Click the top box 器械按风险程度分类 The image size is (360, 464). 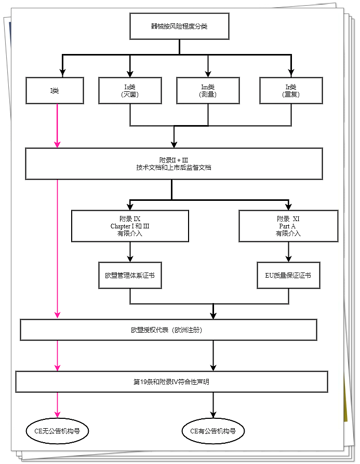click(179, 26)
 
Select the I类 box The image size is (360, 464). click(55, 91)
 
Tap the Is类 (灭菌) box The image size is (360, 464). click(130, 91)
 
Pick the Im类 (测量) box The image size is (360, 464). click(208, 91)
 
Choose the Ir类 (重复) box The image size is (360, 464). click(291, 91)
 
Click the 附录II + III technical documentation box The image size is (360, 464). click(174, 163)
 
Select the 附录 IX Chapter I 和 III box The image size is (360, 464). click(130, 226)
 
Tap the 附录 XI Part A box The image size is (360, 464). click(288, 226)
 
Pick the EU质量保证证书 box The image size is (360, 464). click(288, 275)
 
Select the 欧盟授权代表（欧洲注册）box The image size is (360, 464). click(168, 330)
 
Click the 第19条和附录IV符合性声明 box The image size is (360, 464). click(171, 381)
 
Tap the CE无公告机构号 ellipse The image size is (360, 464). click(57, 430)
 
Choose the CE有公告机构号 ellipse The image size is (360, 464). click(213, 430)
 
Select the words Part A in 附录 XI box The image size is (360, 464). click(288, 226)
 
